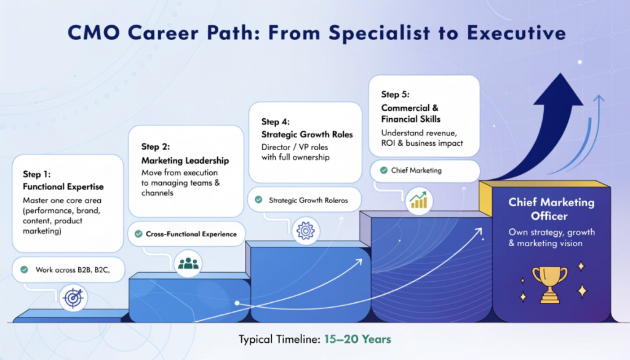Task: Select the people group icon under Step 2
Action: click(x=189, y=263)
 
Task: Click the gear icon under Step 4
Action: click(x=305, y=231)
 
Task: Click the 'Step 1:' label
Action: click(x=37, y=175)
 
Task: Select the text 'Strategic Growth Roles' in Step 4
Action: click(x=307, y=134)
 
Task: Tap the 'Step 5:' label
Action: click(x=395, y=94)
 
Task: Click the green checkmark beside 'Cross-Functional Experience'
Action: click(x=138, y=234)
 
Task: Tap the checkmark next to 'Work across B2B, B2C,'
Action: click(x=24, y=270)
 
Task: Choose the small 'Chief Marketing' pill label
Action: click(x=416, y=170)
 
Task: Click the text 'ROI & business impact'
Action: click(x=422, y=143)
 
